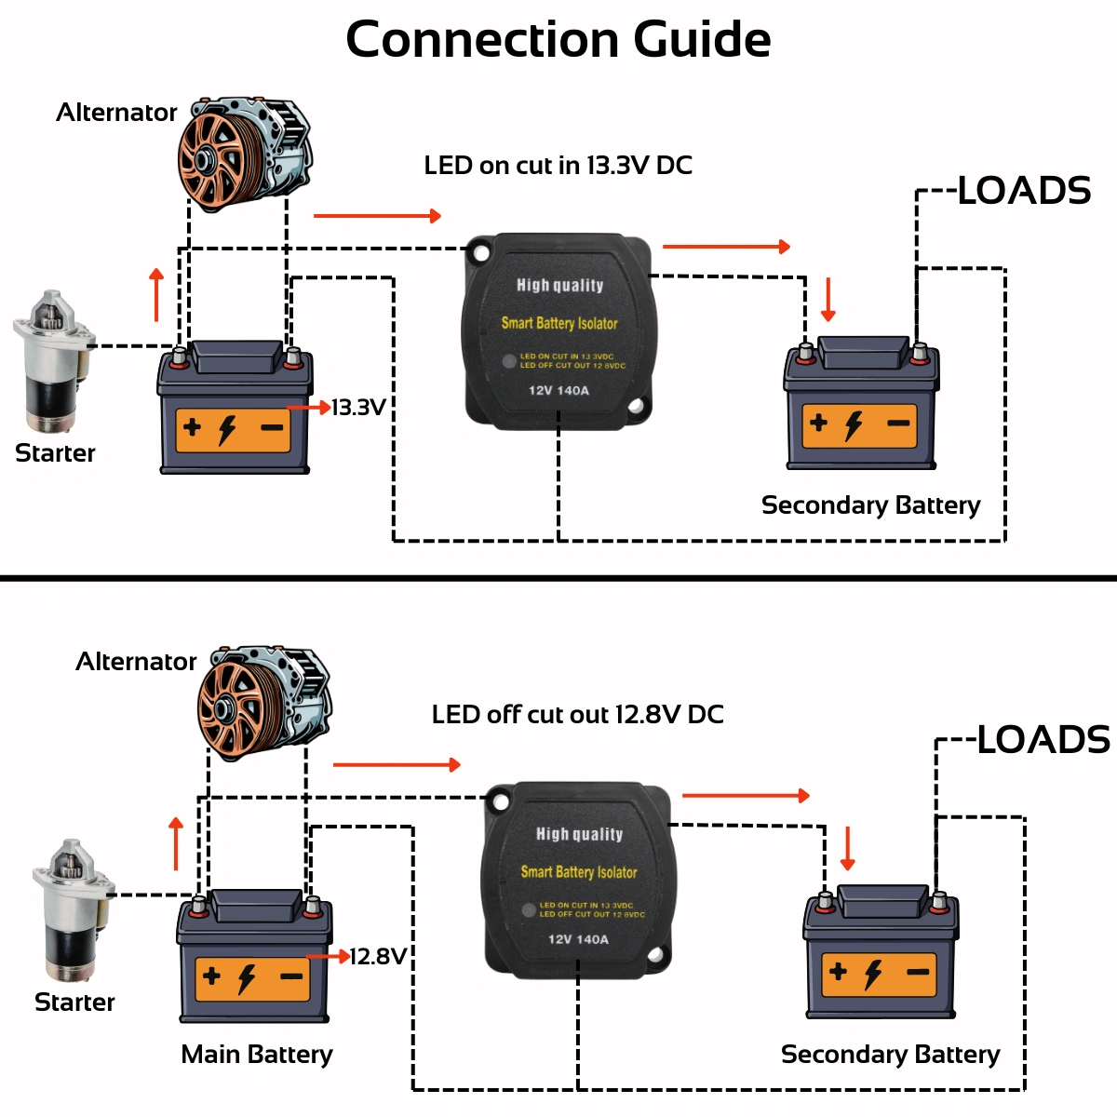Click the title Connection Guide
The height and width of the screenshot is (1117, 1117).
click(x=558, y=40)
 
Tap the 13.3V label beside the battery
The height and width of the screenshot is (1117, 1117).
click(x=358, y=408)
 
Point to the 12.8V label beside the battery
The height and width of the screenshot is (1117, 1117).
click(x=378, y=957)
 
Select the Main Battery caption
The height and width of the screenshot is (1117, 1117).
click(x=257, y=1054)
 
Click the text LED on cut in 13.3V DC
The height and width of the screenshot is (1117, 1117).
click(x=558, y=166)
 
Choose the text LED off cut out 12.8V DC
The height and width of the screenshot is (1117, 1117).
click(x=577, y=715)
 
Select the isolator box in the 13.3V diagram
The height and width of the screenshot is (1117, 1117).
click(x=558, y=331)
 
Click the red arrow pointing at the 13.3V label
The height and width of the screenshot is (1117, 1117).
click(x=309, y=408)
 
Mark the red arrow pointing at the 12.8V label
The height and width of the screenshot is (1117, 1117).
click(x=329, y=956)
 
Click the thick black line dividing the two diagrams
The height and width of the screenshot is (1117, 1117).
click(x=558, y=578)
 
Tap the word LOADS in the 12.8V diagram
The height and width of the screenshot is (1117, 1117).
click(x=1043, y=740)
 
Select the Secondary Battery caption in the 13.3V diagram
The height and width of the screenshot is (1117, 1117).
click(x=870, y=505)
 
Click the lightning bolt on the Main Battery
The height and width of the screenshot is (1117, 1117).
click(x=247, y=978)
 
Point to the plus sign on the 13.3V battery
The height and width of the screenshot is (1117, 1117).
click(x=193, y=427)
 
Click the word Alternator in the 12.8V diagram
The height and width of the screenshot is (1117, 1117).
click(x=136, y=662)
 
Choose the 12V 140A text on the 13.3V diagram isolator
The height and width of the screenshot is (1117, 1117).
click(x=558, y=391)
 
